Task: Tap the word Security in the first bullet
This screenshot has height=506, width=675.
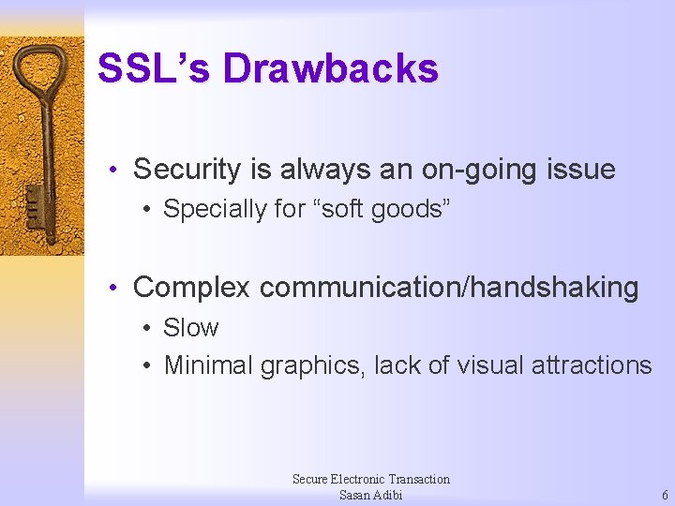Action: tap(187, 170)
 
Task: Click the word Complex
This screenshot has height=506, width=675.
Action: tap(192, 288)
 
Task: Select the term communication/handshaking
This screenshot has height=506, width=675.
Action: tap(449, 288)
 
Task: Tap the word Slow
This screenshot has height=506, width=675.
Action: tap(190, 328)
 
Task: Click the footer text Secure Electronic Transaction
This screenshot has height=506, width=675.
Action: tap(370, 479)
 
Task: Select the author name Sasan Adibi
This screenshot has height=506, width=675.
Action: tap(370, 495)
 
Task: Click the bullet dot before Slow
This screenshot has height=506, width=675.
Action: tap(147, 329)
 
